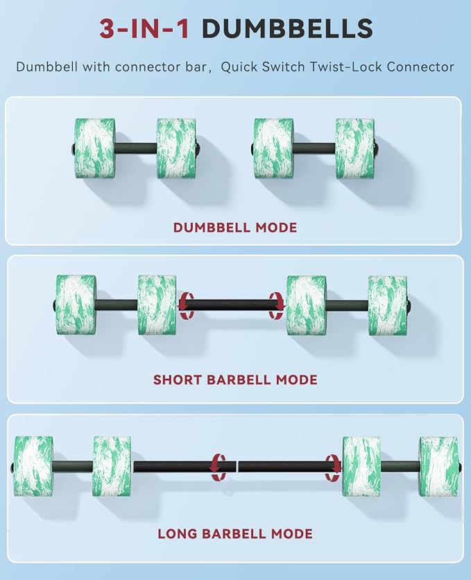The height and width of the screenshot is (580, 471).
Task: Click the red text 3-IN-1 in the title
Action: [x=144, y=28]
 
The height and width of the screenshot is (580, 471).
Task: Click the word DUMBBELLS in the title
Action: [x=287, y=28]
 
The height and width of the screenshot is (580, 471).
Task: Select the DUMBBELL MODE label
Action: [x=235, y=228]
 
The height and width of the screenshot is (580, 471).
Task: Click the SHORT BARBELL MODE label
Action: [x=235, y=380]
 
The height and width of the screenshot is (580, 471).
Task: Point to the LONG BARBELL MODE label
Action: [x=235, y=534]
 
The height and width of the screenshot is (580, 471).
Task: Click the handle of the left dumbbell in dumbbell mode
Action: [x=136, y=148]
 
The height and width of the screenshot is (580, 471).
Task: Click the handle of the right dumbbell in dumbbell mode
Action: [x=315, y=148]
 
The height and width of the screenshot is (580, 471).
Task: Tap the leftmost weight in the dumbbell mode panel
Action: [x=94, y=148]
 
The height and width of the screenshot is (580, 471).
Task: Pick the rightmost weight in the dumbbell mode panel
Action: [x=356, y=148]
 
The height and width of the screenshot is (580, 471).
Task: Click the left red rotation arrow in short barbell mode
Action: [x=187, y=305]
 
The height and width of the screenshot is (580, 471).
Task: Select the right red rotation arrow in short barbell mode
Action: [x=277, y=305]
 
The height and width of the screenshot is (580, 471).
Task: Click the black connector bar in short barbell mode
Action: [x=232, y=305]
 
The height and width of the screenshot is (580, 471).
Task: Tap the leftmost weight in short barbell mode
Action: [x=76, y=305]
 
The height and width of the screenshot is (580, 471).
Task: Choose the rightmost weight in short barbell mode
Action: [x=388, y=305]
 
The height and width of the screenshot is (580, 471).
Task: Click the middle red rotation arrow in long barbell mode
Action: [x=218, y=467]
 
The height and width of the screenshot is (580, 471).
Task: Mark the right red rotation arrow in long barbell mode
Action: [x=333, y=468]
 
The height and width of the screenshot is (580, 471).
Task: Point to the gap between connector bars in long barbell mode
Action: [x=237, y=467]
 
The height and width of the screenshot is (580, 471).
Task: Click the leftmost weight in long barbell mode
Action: [x=33, y=466]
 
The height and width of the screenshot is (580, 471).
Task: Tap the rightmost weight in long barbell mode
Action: [x=439, y=466]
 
